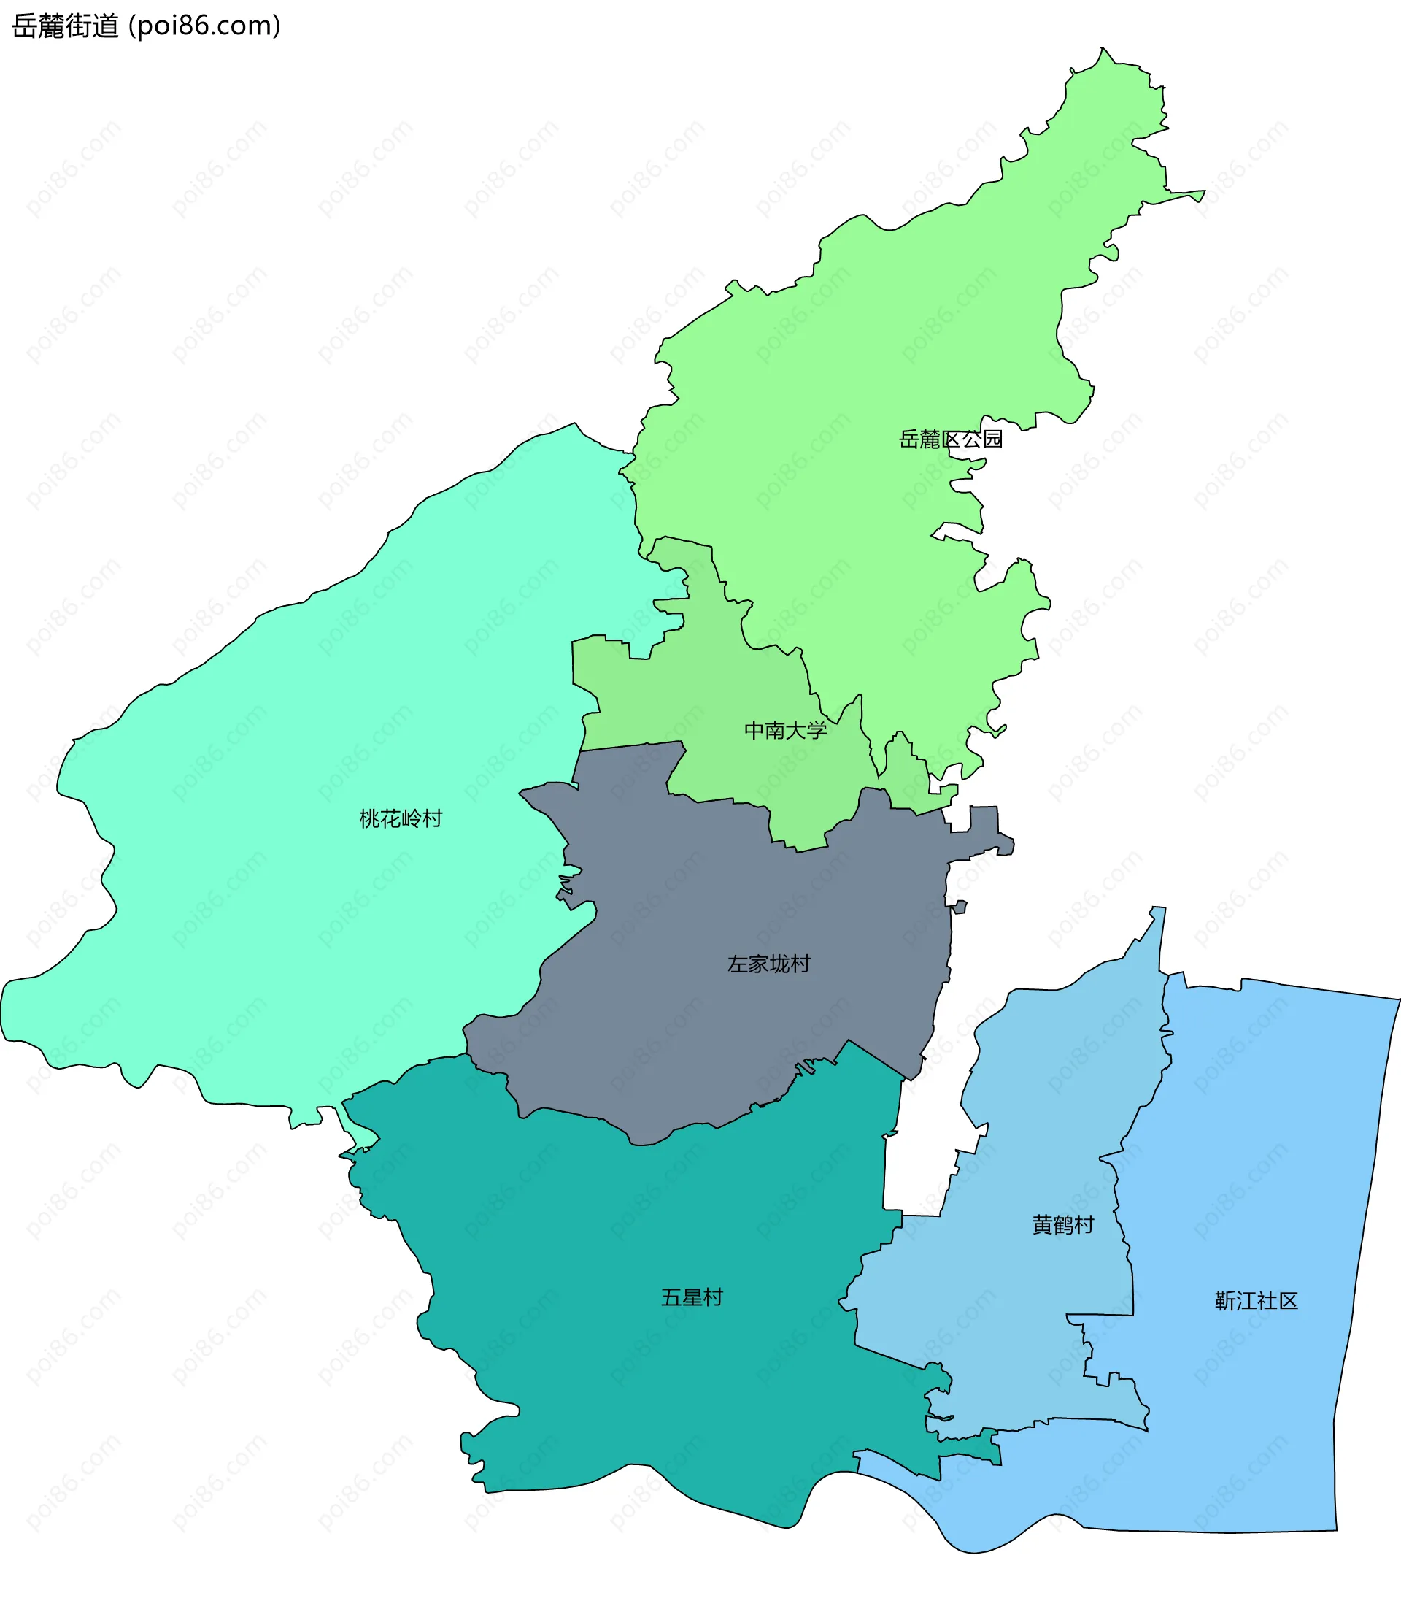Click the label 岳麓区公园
(x=950, y=439)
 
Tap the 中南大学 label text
(x=785, y=731)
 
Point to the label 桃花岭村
(x=401, y=818)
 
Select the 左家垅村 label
(x=768, y=964)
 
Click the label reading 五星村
(x=692, y=1297)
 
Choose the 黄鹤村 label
(x=1062, y=1224)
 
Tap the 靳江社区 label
(x=1257, y=1301)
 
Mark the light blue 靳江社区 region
(x=1267, y=1134)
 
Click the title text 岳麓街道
(x=65, y=26)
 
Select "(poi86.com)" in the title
(x=204, y=26)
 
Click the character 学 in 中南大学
(x=817, y=731)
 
